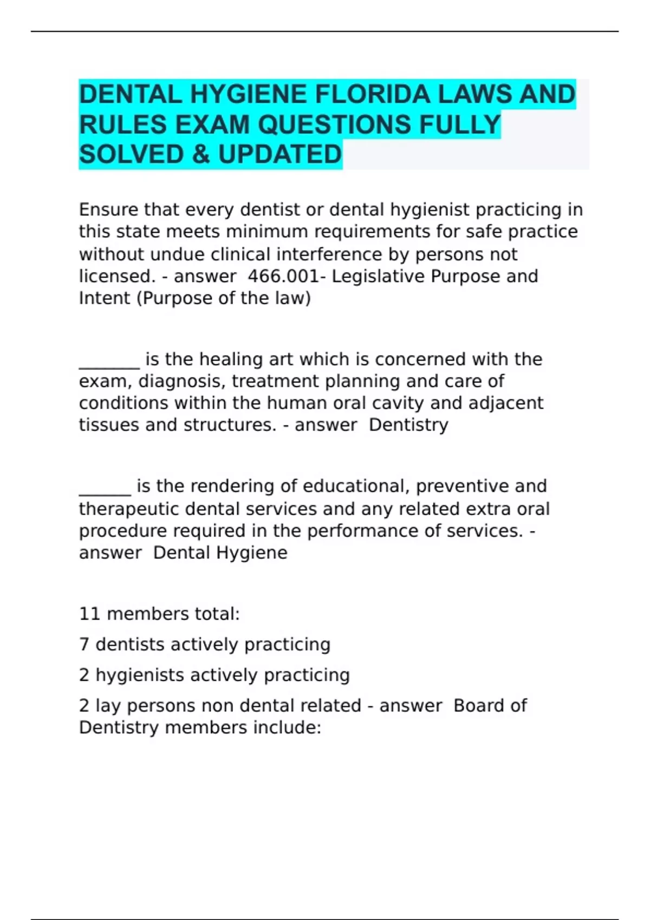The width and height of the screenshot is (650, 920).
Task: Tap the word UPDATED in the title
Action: click(280, 155)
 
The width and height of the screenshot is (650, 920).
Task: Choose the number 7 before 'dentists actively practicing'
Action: click(84, 645)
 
